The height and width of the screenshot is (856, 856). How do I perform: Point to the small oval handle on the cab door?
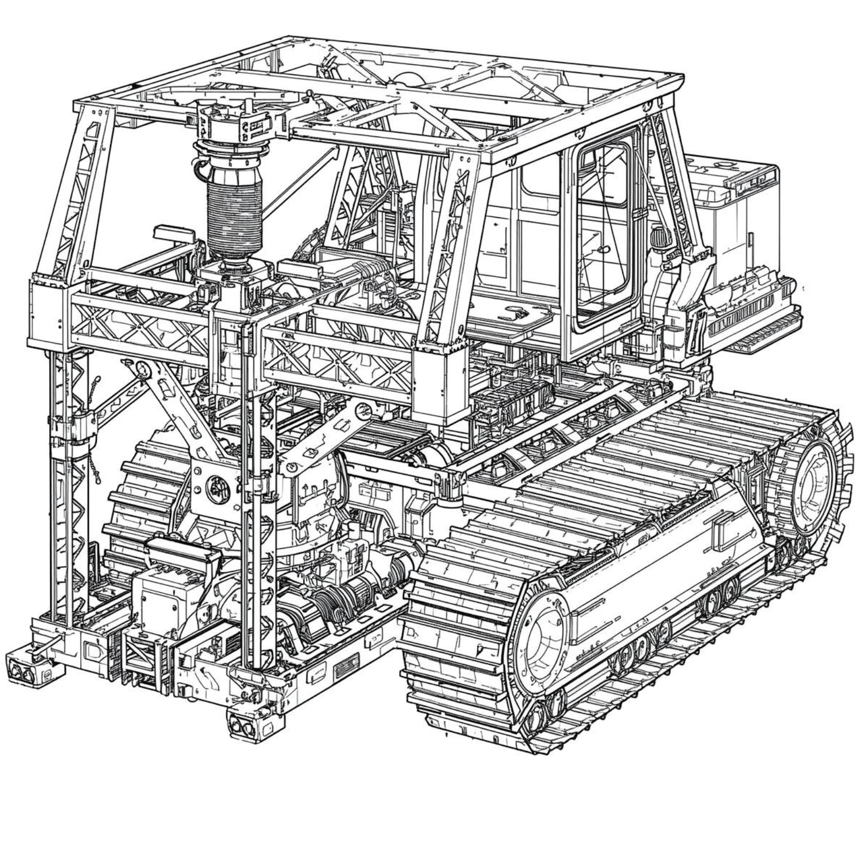click(x=603, y=249)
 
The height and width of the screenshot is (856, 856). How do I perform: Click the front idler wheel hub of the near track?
click(x=539, y=642)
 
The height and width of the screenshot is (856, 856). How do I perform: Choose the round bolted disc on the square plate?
click(x=218, y=489)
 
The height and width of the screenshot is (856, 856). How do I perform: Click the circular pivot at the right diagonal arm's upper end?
click(x=364, y=411)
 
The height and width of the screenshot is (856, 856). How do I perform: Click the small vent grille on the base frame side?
click(x=346, y=666)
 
